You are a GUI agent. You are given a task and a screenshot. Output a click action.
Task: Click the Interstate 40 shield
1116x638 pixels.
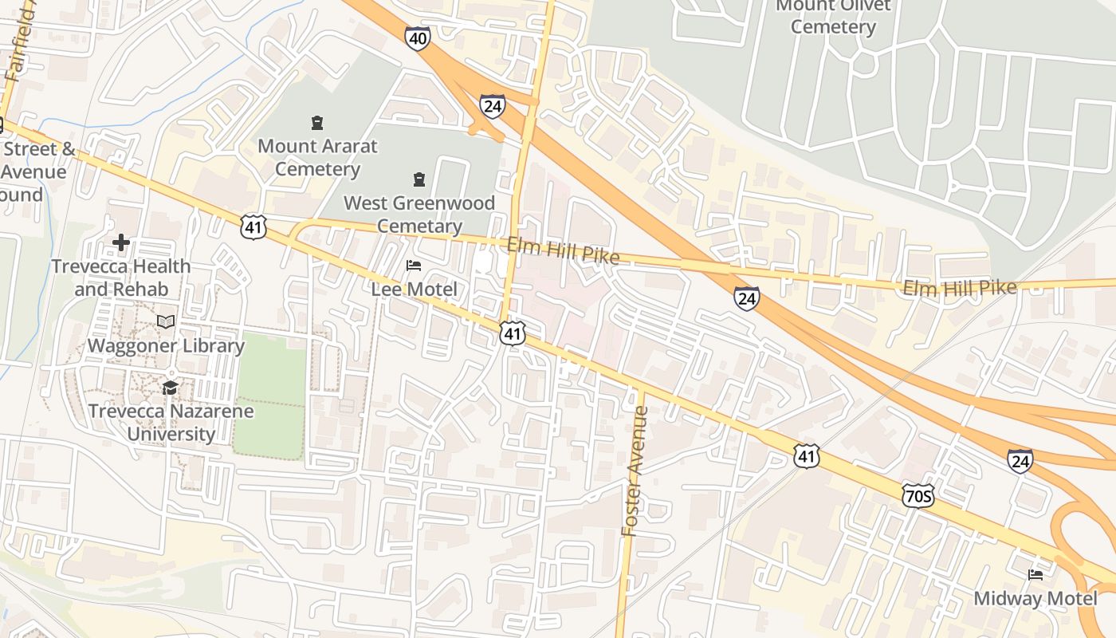[417, 38]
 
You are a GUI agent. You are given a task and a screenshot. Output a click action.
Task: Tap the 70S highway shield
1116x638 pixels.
[918, 496]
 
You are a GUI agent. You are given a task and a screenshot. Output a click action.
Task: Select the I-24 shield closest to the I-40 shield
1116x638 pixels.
[492, 105]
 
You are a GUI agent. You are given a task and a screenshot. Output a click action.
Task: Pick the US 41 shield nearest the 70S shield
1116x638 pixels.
[807, 455]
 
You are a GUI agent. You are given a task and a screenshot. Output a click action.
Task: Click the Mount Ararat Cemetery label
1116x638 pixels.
[317, 158]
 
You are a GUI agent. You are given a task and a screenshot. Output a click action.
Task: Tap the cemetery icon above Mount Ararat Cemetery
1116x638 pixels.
[317, 123]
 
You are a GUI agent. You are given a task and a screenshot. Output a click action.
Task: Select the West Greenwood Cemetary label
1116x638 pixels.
[419, 215]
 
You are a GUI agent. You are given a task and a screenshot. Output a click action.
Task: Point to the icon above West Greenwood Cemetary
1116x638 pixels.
[419, 179]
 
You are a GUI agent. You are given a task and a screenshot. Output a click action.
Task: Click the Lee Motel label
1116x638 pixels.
[415, 289]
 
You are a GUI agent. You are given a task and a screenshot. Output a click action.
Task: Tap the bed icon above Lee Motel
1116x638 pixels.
[413, 265]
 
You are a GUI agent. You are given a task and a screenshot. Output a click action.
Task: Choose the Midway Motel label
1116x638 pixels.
[1035, 598]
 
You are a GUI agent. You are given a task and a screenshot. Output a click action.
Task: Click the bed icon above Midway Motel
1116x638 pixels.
[1035, 574]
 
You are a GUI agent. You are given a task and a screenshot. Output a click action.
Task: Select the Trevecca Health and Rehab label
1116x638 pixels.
[121, 278]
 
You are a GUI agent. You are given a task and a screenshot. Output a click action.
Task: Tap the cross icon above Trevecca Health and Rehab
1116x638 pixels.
[121, 242]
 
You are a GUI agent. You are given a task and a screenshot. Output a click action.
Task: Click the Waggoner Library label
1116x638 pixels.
[166, 345]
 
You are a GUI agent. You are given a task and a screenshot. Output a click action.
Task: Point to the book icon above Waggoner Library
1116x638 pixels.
[166, 321]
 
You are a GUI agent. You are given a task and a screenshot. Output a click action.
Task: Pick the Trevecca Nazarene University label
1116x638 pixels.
[171, 423]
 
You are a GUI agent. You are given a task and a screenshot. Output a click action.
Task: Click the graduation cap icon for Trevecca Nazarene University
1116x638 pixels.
[170, 388]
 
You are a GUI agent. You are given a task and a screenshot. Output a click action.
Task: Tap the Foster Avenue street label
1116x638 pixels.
[634, 471]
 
